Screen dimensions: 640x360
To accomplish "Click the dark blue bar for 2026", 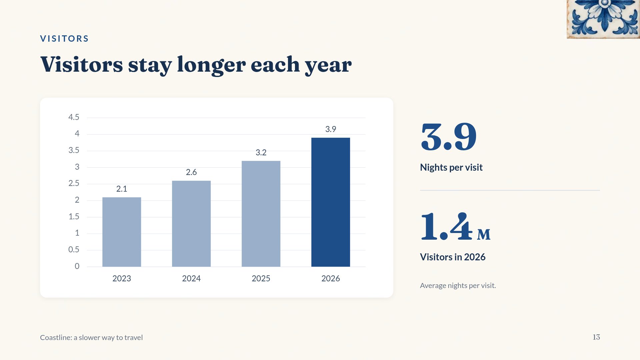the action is (331, 202).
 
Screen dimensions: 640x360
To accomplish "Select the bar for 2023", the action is (122, 232).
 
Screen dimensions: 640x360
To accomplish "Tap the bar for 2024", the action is (191, 224).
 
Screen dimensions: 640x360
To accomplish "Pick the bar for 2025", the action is (261, 214).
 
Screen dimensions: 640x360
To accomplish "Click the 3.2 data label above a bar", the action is (261, 153).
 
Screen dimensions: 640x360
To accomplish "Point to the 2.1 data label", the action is (122, 189).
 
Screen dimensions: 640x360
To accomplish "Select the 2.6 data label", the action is (191, 172).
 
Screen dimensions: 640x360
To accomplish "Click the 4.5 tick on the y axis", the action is (74, 117).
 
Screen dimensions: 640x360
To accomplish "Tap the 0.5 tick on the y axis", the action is (74, 250).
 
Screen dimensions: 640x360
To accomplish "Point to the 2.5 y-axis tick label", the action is (74, 183).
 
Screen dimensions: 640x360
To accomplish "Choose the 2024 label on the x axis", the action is (191, 279).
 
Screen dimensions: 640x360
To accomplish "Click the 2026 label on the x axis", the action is (331, 279).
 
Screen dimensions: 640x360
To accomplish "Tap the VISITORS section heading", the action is (64, 39).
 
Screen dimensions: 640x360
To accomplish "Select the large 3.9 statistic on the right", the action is (449, 137).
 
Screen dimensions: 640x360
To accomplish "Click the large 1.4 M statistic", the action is (455, 227).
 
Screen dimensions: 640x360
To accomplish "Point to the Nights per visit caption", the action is (451, 167).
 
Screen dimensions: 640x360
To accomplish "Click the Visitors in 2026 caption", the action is (453, 257).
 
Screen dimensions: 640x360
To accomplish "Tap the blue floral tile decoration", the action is (603, 19).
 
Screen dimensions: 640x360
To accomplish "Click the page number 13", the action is (596, 337).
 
